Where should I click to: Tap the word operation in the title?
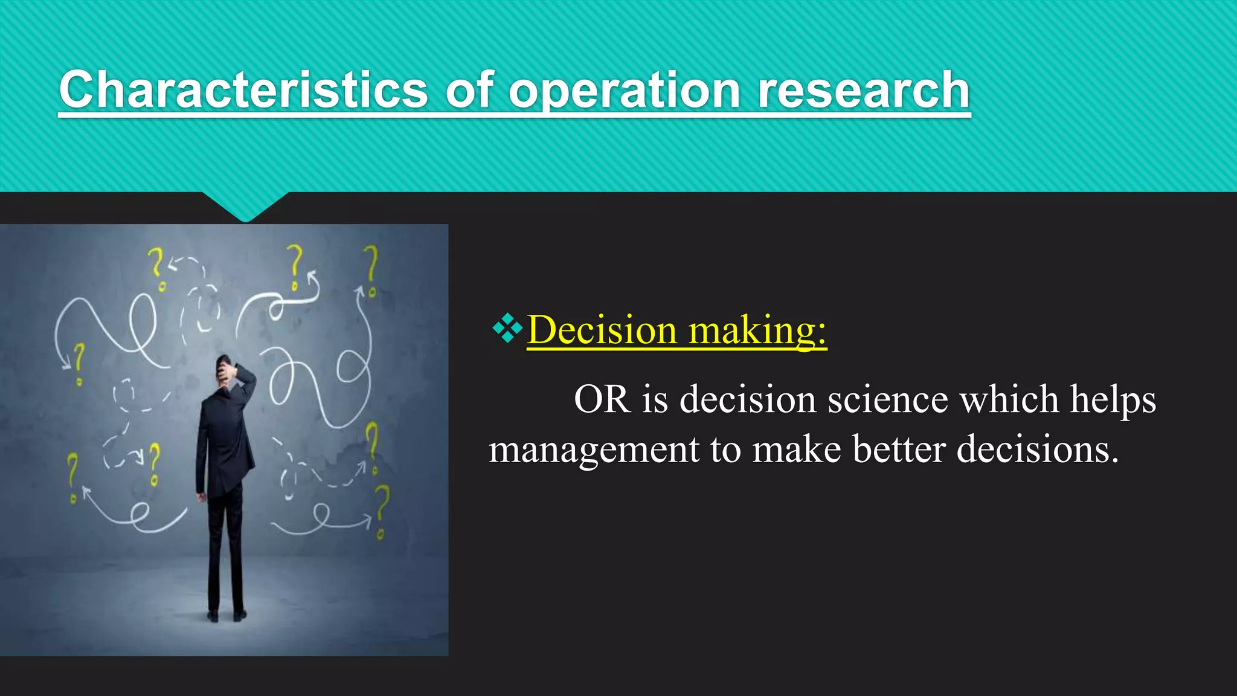click(x=625, y=91)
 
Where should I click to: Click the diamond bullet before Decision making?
click(x=507, y=328)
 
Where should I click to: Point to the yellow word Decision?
click(x=602, y=330)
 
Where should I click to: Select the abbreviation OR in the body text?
click(x=602, y=399)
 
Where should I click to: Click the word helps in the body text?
click(x=1113, y=399)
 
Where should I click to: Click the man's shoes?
click(x=226, y=615)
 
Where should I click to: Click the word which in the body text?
click(x=1009, y=399)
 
